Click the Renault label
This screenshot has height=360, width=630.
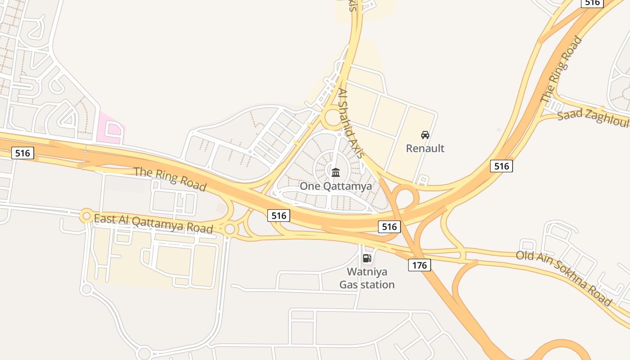coord(425,148)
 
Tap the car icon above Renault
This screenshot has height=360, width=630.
coord(425,135)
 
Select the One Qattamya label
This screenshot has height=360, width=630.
coord(336,186)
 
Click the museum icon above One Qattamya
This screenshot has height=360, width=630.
coord(336,172)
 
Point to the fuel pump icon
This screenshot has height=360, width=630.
coord(367,258)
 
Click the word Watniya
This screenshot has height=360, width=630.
coord(367,272)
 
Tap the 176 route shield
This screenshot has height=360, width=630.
coord(419,265)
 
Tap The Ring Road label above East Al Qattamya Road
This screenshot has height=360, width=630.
coord(170,178)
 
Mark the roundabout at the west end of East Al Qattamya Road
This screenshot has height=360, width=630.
coord(86,216)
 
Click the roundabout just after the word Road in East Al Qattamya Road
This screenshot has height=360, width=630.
coord(230,229)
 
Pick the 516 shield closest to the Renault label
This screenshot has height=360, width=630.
coord(501,166)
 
